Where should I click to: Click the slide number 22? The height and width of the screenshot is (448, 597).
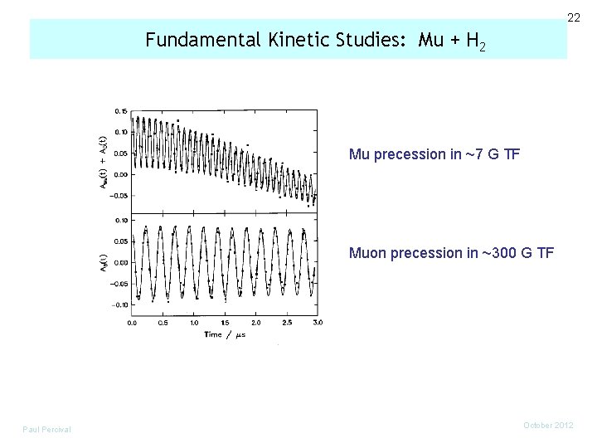point(573,17)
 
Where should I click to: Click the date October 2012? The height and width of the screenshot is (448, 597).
point(549,425)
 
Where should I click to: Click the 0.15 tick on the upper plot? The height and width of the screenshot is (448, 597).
point(121,110)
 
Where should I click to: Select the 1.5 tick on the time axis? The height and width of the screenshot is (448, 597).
point(225,322)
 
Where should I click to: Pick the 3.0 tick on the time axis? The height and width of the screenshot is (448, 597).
point(317,322)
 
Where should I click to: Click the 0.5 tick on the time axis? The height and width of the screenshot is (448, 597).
point(163,322)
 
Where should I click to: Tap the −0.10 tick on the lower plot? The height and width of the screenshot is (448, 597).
point(119,304)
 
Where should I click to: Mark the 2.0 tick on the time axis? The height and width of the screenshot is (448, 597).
point(255,322)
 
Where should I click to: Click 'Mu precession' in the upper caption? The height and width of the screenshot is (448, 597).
point(386,154)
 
